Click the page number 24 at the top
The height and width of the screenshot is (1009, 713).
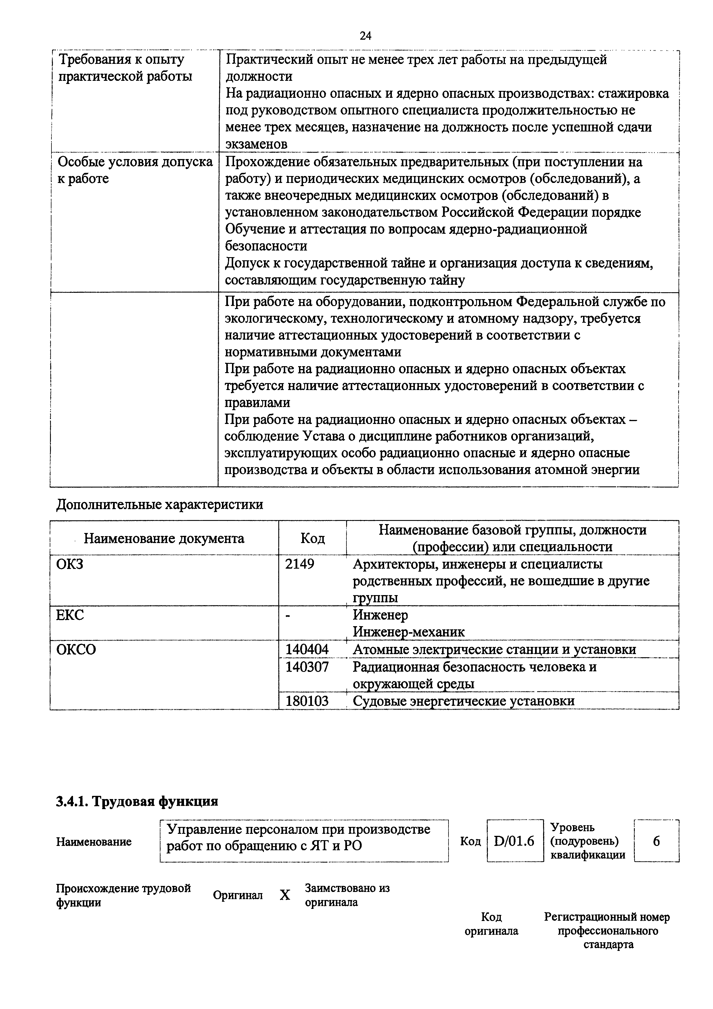pos(365,36)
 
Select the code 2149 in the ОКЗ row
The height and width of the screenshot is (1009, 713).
pos(300,564)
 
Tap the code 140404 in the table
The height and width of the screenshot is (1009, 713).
pos(307,649)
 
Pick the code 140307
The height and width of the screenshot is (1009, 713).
pos(307,667)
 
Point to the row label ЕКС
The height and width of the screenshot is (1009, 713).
pos(70,615)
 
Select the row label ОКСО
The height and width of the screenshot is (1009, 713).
pos(76,649)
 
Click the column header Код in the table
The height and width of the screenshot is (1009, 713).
pos(312,538)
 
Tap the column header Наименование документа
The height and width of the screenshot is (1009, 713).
pos(164,538)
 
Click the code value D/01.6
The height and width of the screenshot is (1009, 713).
pos(514,841)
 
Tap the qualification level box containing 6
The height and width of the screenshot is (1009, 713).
pos(656,841)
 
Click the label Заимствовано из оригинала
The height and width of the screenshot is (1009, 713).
pos(347,895)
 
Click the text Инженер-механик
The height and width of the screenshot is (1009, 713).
pos(409,632)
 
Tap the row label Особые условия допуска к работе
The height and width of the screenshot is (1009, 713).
pos(135,170)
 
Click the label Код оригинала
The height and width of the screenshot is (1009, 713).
pos(491,924)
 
